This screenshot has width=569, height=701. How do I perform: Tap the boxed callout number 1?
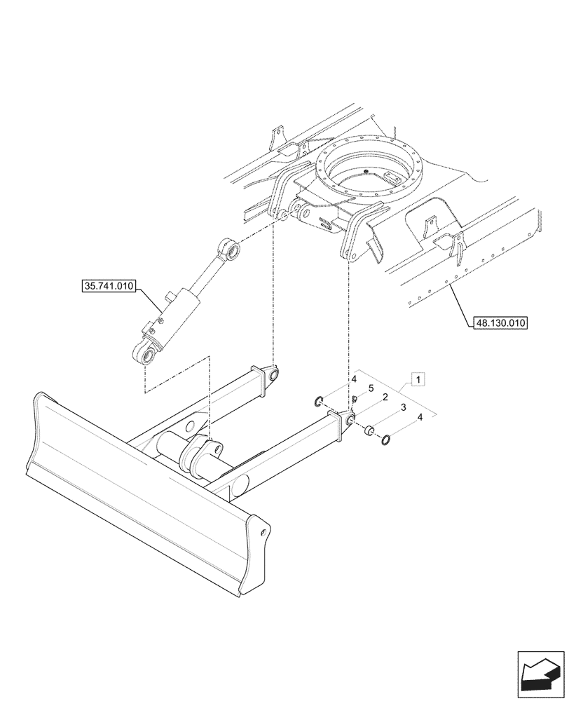pos(418,380)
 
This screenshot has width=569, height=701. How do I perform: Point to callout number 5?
pos(371,388)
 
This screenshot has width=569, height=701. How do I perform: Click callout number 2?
pos(385,397)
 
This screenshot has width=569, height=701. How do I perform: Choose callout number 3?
pos(403,407)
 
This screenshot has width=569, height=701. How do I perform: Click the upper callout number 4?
pos(355,379)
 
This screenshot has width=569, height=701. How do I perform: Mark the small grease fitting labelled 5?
pos(355,400)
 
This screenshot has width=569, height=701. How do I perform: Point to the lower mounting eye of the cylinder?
pos(146,354)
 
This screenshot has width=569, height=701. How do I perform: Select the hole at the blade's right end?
pos(265,532)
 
